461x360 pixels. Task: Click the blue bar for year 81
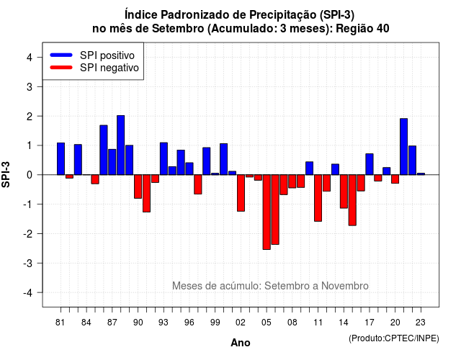[61, 158]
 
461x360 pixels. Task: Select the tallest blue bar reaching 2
[121, 145]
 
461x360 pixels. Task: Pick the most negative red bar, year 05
[267, 212]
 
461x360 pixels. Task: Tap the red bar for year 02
[241, 193]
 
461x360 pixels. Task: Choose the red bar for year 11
[318, 198]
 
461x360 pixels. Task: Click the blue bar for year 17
[370, 164]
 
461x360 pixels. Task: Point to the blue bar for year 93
[164, 158]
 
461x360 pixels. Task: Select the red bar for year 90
[138, 186]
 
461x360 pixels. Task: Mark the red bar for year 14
[344, 192]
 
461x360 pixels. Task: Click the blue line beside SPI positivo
[61, 55]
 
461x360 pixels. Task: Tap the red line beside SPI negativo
[61, 67]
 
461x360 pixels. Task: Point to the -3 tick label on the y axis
[29, 264]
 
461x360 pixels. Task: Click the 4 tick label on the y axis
[30, 58]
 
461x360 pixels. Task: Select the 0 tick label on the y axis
[30, 175]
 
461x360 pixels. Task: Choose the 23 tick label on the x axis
[421, 323]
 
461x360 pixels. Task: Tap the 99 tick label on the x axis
[215, 323]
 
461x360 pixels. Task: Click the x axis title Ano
[241, 343]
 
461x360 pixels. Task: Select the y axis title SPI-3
[6, 174]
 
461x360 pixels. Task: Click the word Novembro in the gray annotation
[344, 286]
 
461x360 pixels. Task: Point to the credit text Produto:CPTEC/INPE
[394, 338]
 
